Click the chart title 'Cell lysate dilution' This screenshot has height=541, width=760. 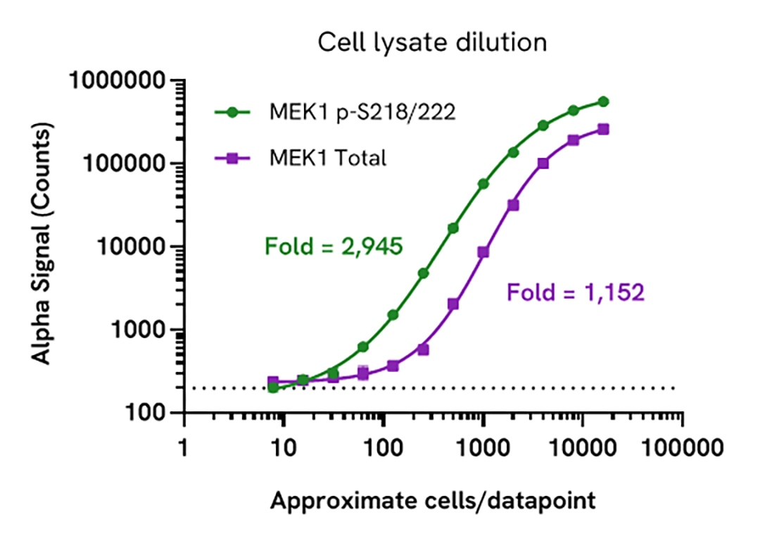coord(432,42)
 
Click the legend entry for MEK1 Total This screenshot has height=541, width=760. coord(328,158)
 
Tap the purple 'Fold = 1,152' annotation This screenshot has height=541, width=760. coord(575,292)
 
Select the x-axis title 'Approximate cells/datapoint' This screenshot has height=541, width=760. coord(433,501)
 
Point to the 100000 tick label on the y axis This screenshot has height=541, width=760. coord(122,164)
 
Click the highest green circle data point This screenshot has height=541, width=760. coord(603,101)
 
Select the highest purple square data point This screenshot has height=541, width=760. coord(603,130)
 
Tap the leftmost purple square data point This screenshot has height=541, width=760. coord(273,381)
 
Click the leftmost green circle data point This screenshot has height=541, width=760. coord(273,387)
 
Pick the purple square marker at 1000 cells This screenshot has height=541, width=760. coord(483,251)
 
